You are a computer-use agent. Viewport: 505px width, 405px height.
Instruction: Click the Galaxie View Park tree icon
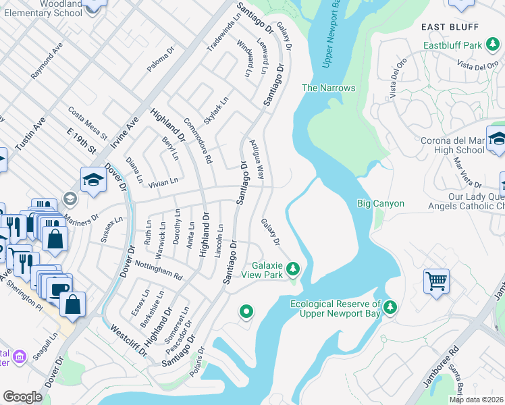[x=292, y=270]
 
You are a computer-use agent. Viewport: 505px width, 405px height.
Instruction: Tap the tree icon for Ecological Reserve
[x=390, y=308]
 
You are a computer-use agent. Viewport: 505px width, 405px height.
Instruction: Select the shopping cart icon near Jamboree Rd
[x=436, y=281]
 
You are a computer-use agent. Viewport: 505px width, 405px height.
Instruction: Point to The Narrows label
[x=328, y=88]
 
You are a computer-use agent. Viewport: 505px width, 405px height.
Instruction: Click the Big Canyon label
[x=380, y=203]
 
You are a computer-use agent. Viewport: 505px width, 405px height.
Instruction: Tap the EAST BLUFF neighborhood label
[x=450, y=27]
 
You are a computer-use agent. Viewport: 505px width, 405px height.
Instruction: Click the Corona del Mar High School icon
[x=497, y=140]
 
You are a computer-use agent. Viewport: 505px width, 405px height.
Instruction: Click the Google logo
[x=23, y=397]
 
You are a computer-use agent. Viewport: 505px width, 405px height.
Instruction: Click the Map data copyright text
[x=476, y=400]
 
